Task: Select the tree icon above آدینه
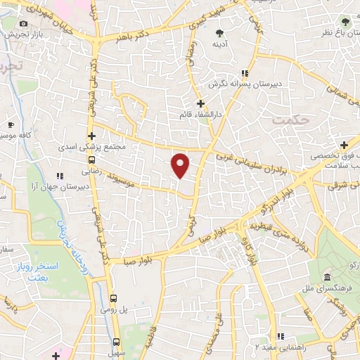pyautogui.click(x=219, y=32)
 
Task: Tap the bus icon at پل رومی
pyautogui.click(x=116, y=297)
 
